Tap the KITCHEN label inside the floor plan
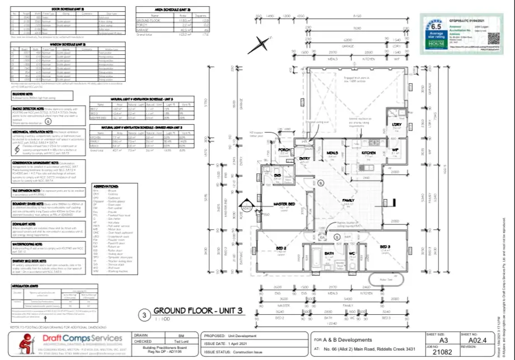pos(368,153)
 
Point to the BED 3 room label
pos(385,247)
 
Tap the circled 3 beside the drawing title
pos(144,315)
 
